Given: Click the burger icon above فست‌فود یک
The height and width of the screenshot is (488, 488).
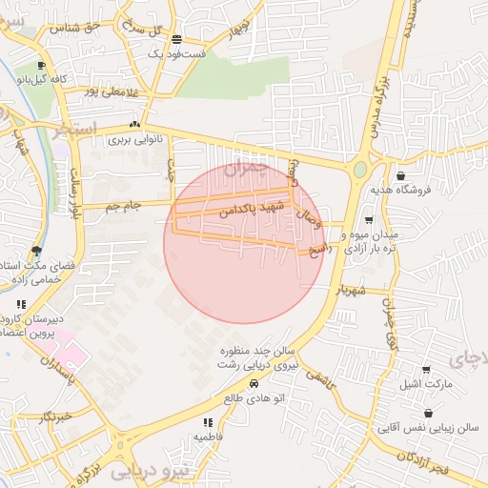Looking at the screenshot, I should [177, 39].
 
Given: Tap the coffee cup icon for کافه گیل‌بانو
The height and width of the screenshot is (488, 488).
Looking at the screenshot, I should [42, 66].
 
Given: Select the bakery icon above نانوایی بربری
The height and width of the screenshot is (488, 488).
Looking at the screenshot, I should [134, 125].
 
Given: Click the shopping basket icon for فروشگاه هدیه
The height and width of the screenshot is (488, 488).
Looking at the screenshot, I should [400, 175].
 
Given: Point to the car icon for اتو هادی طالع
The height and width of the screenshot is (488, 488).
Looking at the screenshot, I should [254, 383].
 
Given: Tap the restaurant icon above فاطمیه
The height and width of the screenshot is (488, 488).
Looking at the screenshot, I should [207, 422].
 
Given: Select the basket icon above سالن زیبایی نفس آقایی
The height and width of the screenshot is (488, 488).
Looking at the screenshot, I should [428, 414].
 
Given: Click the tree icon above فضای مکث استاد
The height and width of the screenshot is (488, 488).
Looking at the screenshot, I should [36, 251].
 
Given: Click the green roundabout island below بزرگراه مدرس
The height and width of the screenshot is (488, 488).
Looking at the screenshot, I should [359, 170].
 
